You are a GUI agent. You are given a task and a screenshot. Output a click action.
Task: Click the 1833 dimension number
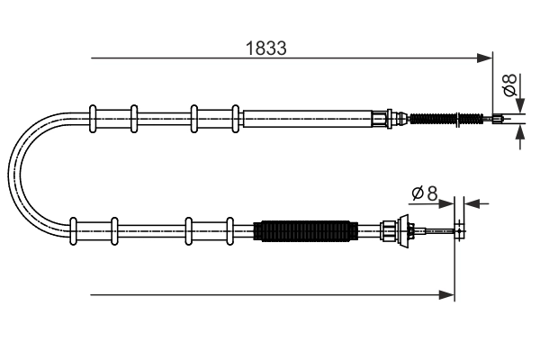[266, 49]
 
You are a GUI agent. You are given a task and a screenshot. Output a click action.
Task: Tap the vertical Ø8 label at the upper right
[509, 86]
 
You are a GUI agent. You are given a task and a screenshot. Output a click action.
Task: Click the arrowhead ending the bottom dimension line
[447, 293]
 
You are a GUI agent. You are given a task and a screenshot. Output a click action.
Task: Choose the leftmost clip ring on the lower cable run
[72, 231]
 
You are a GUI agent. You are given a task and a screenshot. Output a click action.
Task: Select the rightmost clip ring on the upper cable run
[236, 117]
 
